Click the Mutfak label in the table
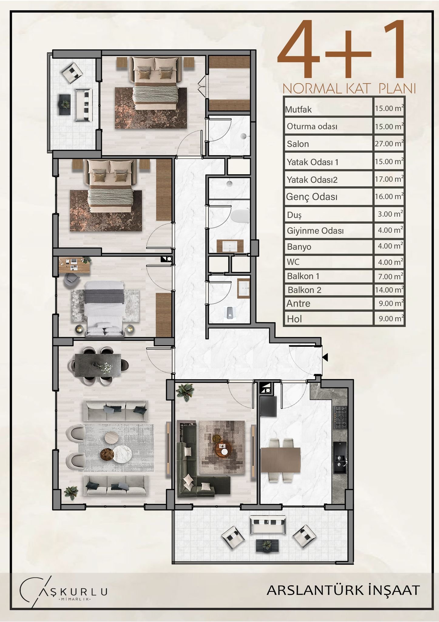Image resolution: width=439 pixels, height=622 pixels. coord(298,109)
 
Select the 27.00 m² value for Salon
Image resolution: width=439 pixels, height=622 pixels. coord(389,143)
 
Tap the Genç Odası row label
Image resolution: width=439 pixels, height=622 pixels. coord(312,197)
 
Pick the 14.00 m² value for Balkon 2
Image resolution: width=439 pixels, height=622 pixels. coord(389,289)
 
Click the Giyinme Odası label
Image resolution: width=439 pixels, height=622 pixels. coord(315,231)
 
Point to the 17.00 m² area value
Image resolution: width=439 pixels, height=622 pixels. coord(389,179)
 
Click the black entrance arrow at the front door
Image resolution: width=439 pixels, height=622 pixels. coord(325,357)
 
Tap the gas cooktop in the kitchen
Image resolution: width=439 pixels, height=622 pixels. coord(340,417)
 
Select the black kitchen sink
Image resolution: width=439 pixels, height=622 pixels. coord(340,458)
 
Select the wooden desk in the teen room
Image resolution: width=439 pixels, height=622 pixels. coord(75,265)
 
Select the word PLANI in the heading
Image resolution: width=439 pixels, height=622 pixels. coord(397,89)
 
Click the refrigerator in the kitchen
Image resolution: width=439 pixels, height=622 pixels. coord(268,406)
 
